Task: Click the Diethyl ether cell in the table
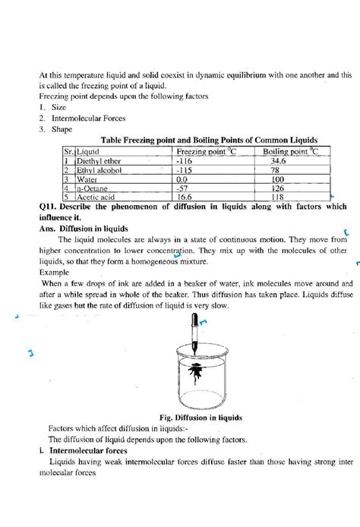pos(95,162)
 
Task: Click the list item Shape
pos(62,130)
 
